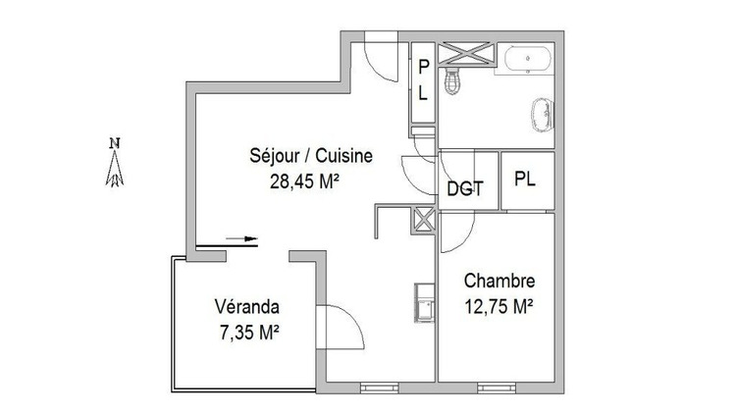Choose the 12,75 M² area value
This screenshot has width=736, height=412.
(498, 306)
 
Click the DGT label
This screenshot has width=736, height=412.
(465, 188)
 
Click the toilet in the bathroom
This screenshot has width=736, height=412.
(452, 81)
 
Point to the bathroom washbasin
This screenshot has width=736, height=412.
(542, 114)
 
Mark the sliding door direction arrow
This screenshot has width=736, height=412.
(242, 237)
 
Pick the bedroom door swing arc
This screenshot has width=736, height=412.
(457, 231)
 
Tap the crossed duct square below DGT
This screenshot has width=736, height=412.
(425, 219)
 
